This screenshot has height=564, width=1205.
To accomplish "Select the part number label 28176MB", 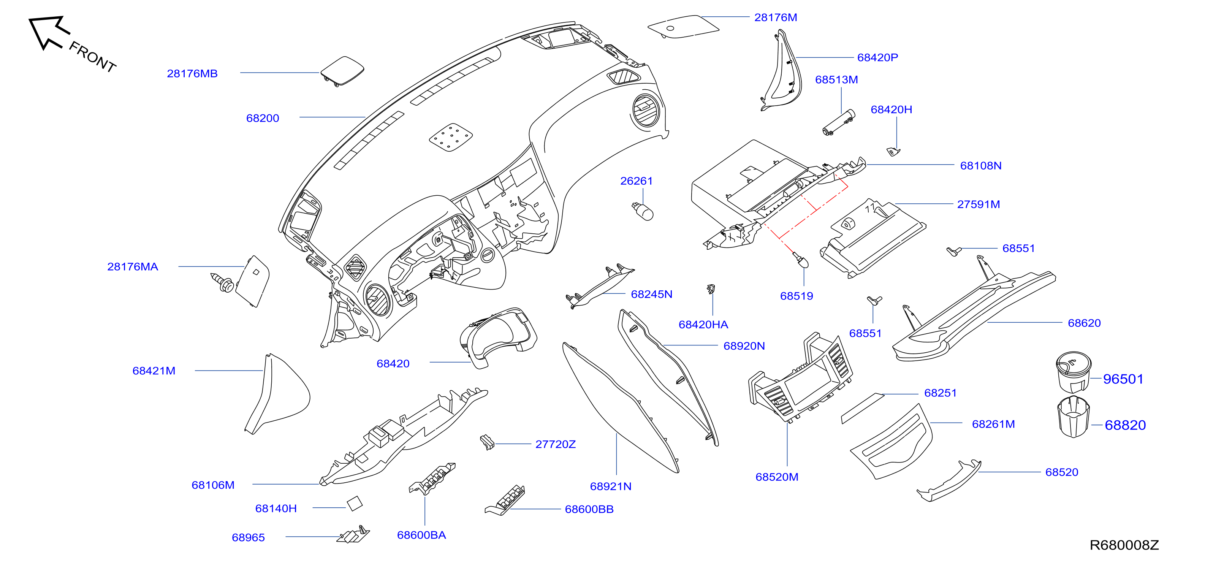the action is (x=192, y=73).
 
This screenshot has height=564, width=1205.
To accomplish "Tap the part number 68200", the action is (x=263, y=118).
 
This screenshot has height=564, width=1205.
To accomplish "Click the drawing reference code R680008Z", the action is (x=1124, y=545).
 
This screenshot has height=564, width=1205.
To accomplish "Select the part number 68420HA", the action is (x=703, y=325).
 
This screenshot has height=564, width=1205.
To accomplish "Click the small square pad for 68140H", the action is (x=355, y=503).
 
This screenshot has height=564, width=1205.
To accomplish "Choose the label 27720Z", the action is (x=555, y=444).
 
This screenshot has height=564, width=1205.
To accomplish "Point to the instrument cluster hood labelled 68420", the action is (x=498, y=337).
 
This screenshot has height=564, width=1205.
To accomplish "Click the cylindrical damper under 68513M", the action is (x=839, y=122).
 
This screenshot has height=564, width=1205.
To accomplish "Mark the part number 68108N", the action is (x=980, y=166).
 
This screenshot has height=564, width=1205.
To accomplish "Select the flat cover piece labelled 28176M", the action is (x=683, y=27).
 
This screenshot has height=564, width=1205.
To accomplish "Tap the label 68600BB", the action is (x=589, y=509).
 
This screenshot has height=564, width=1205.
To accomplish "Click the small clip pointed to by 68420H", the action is (x=893, y=152).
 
